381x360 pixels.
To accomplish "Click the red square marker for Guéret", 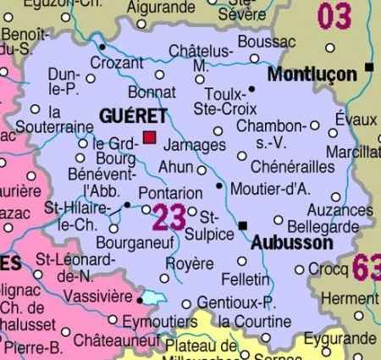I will pos(150,137).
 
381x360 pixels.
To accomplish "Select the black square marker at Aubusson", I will pos(244,225).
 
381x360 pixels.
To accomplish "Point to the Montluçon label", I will pos(312,75).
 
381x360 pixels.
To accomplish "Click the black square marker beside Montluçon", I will pos(369,66).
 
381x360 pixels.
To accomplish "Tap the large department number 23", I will pos(168,217).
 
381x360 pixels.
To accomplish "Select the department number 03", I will pos(334,16).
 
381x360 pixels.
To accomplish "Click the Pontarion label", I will pos(169,192).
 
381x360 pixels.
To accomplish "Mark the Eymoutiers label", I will pos(158,322).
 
